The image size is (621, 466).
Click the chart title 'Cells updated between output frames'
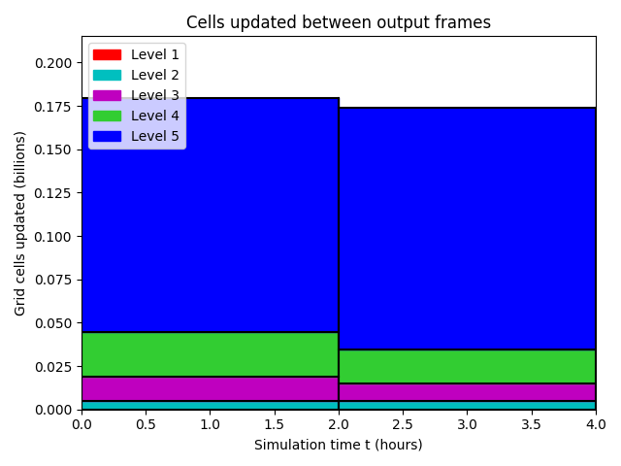339,22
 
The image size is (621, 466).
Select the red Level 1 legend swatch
107,54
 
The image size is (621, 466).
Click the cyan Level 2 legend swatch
107,76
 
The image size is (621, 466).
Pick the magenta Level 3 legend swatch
107,95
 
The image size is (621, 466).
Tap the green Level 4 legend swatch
107,116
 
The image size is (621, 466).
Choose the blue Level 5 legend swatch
107,136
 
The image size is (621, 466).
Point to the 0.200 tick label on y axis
53,63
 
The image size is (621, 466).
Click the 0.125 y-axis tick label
53,193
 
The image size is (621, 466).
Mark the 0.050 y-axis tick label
53,323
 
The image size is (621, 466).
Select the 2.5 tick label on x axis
403,424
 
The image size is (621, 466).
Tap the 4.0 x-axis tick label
596,424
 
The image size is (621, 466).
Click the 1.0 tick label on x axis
210,424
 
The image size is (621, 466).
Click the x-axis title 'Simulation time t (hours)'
339,445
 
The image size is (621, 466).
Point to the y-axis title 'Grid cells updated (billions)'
19,223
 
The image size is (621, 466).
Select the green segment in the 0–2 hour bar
211,354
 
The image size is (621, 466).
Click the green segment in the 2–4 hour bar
468,367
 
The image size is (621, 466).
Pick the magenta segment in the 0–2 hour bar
211,388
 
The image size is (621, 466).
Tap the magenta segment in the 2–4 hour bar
468,392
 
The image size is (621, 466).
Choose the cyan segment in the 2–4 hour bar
468,406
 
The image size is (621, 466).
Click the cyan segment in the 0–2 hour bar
211,406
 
